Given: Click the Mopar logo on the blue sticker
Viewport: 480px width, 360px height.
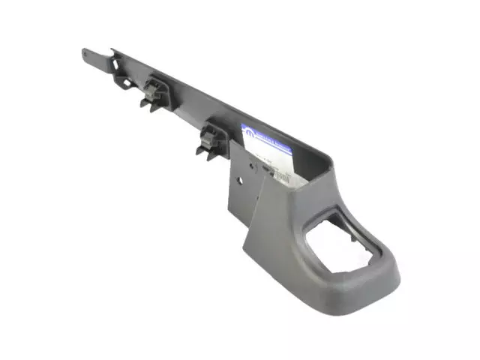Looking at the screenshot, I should coord(248,131).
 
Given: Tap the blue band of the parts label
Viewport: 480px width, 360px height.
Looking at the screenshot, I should coord(267,135).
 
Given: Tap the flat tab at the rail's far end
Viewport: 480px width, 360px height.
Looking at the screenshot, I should coord(90,54).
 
